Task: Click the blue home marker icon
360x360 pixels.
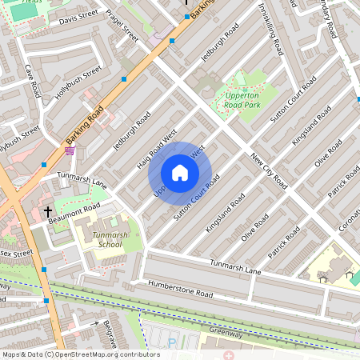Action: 180,173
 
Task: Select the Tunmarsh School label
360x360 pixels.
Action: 107,239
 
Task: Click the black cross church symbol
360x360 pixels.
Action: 48,212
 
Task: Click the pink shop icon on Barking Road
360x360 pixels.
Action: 70,150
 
